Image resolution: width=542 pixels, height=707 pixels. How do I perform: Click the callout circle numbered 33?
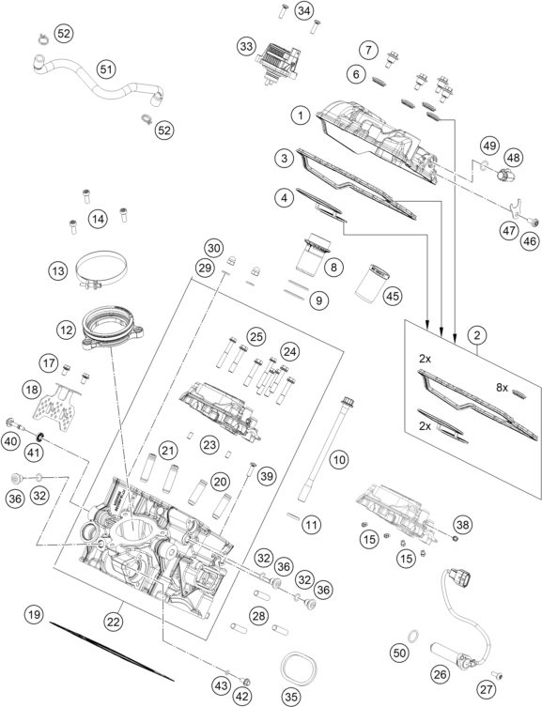(246, 46)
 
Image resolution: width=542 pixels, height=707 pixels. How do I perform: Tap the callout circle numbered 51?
(106, 69)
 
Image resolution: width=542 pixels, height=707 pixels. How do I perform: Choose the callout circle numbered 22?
(115, 621)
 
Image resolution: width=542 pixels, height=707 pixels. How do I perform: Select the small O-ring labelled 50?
(400, 625)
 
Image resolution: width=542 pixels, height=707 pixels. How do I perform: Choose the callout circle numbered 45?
(392, 296)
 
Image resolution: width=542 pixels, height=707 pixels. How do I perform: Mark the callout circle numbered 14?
(97, 219)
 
